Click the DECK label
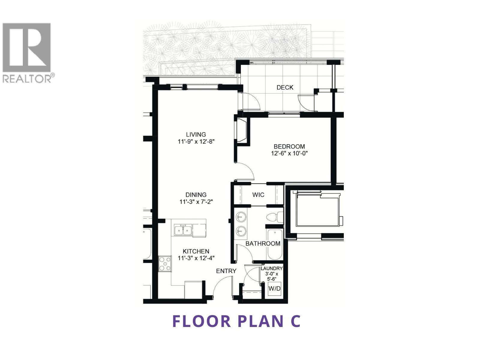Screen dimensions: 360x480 [285, 88]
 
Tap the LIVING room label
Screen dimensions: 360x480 [196, 134]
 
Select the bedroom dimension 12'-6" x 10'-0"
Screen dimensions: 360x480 [289, 154]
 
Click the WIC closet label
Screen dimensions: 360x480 [258, 195]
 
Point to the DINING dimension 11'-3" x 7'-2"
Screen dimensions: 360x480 [196, 202]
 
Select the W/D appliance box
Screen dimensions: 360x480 [274, 289]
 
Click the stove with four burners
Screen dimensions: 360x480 [165, 264]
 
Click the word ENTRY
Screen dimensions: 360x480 [226, 271]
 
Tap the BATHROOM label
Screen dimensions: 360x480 [263, 244]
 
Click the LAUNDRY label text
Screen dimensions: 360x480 [271, 268]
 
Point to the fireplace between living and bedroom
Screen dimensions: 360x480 [242, 131]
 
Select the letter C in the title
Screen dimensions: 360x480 [295, 321]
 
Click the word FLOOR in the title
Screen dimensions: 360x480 [202, 321]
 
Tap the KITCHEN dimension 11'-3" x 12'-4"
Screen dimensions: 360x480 [196, 258]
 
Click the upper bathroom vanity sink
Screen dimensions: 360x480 [241, 216]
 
